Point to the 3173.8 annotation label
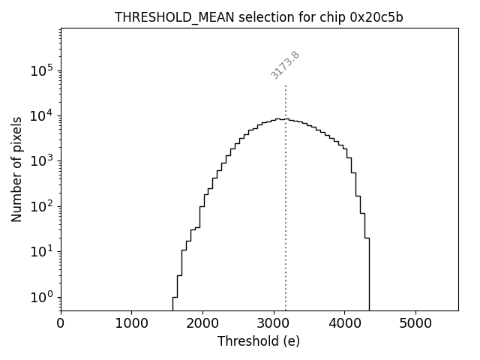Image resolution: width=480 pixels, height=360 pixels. tap(285, 65)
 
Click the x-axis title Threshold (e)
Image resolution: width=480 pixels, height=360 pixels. tap(259, 341)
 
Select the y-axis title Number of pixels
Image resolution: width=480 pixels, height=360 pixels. tap(16, 169)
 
